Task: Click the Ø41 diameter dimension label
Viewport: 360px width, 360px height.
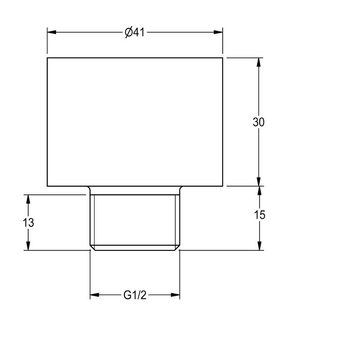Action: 135,32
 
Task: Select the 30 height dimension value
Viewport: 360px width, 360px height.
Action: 259,122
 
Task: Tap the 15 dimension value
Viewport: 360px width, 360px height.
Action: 259,215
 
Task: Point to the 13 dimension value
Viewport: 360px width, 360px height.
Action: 28,223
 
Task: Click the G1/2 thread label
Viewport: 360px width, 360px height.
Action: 135,295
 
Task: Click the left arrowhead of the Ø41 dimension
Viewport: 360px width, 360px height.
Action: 51,32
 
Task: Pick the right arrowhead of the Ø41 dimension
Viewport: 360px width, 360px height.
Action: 218,32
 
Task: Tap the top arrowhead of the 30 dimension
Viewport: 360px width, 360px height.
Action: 259,62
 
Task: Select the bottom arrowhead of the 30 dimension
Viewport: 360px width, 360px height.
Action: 259,182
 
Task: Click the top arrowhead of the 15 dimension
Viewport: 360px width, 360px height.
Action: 259,191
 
